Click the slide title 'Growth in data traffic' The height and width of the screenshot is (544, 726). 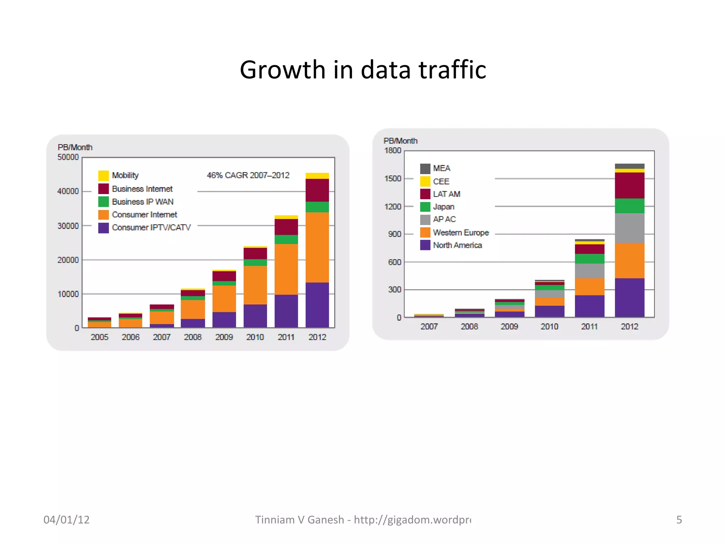[363, 69]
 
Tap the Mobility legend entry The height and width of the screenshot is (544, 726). [125, 175]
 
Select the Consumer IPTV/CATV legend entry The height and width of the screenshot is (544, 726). [151, 227]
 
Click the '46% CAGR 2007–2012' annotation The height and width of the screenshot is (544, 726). [248, 175]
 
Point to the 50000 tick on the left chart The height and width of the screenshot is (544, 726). [68, 157]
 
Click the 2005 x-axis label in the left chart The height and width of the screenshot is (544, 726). [99, 337]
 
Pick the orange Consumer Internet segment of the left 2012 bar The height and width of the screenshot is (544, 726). [317, 247]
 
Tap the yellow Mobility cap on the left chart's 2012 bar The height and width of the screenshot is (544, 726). [317, 176]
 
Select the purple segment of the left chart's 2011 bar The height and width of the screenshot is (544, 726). [286, 311]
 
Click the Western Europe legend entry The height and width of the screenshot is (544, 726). [461, 233]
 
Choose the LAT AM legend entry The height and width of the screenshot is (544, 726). [446, 194]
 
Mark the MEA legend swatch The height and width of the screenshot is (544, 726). [425, 168]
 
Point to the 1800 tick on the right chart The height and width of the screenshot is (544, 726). [393, 151]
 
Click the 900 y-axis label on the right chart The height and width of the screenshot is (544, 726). [395, 234]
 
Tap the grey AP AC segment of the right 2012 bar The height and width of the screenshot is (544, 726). [630, 228]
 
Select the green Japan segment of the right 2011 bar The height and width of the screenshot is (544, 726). [590, 259]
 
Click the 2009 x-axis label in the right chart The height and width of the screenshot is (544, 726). [509, 327]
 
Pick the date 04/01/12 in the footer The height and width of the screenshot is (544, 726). [67, 520]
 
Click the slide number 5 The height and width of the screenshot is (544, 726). [679, 520]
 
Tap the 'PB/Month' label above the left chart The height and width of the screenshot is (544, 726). [75, 147]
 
